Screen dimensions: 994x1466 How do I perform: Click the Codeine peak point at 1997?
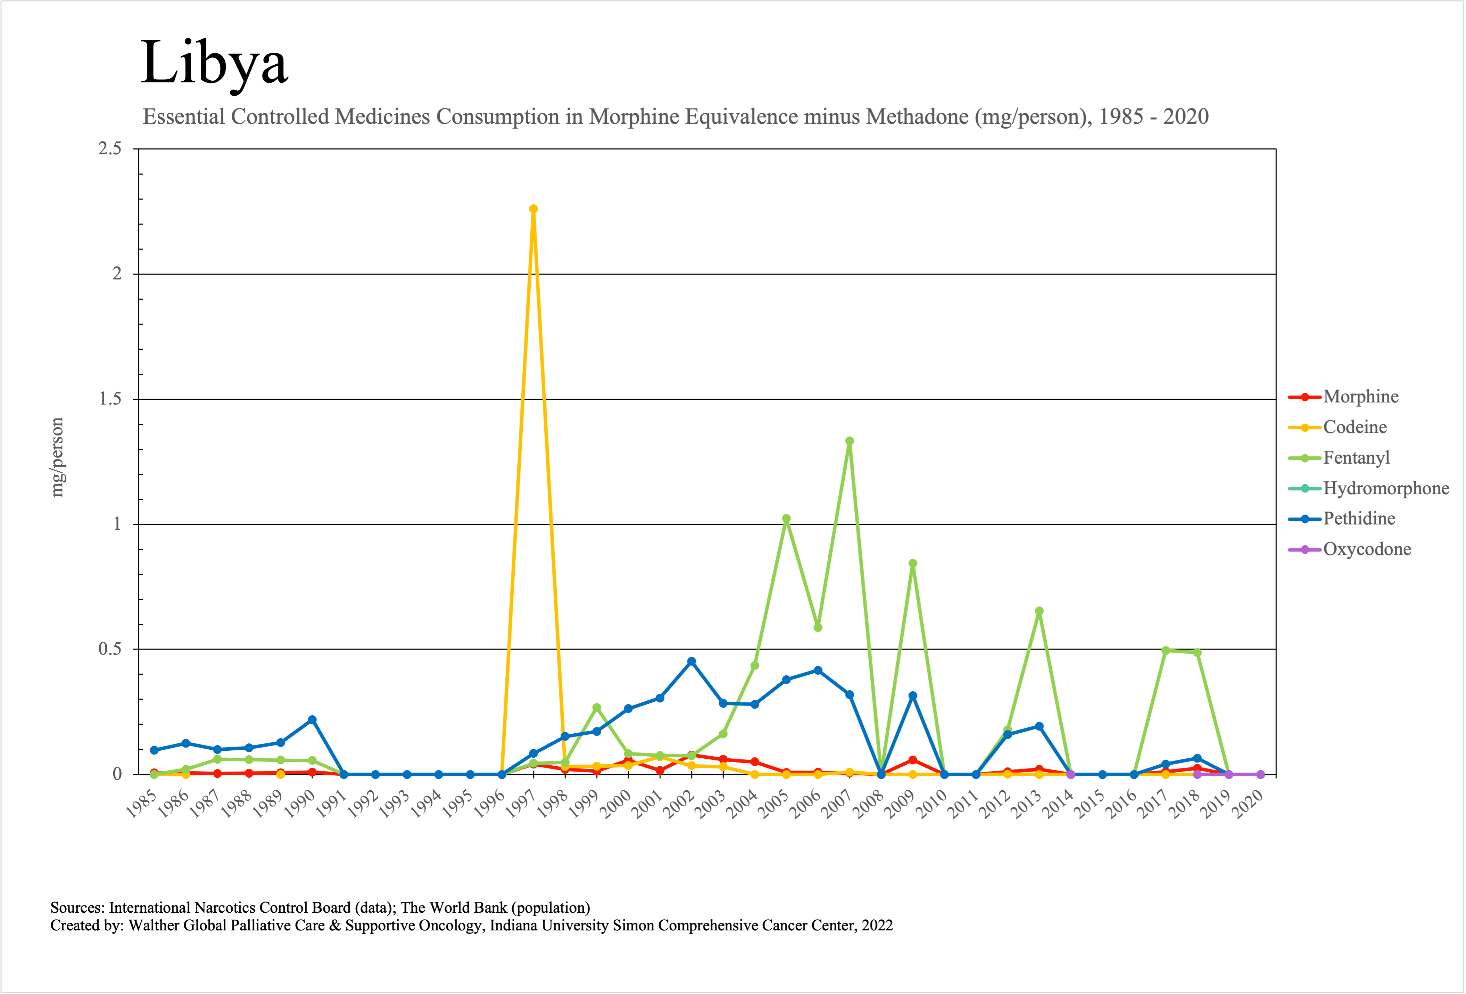[x=533, y=209]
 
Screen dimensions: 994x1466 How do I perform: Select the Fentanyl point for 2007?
[x=849, y=441]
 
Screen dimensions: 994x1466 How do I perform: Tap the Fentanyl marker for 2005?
[x=786, y=519]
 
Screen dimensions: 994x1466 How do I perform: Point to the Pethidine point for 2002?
[x=691, y=661]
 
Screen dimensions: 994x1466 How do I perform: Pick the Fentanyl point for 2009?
[x=912, y=564]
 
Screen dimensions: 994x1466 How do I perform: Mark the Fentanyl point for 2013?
[x=1039, y=611]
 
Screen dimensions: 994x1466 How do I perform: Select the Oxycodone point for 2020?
[x=1260, y=774]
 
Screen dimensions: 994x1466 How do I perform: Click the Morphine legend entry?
[x=1361, y=397]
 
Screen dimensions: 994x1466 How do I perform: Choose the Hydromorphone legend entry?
[x=1385, y=488]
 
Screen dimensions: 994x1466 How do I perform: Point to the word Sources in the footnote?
[x=77, y=907]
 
